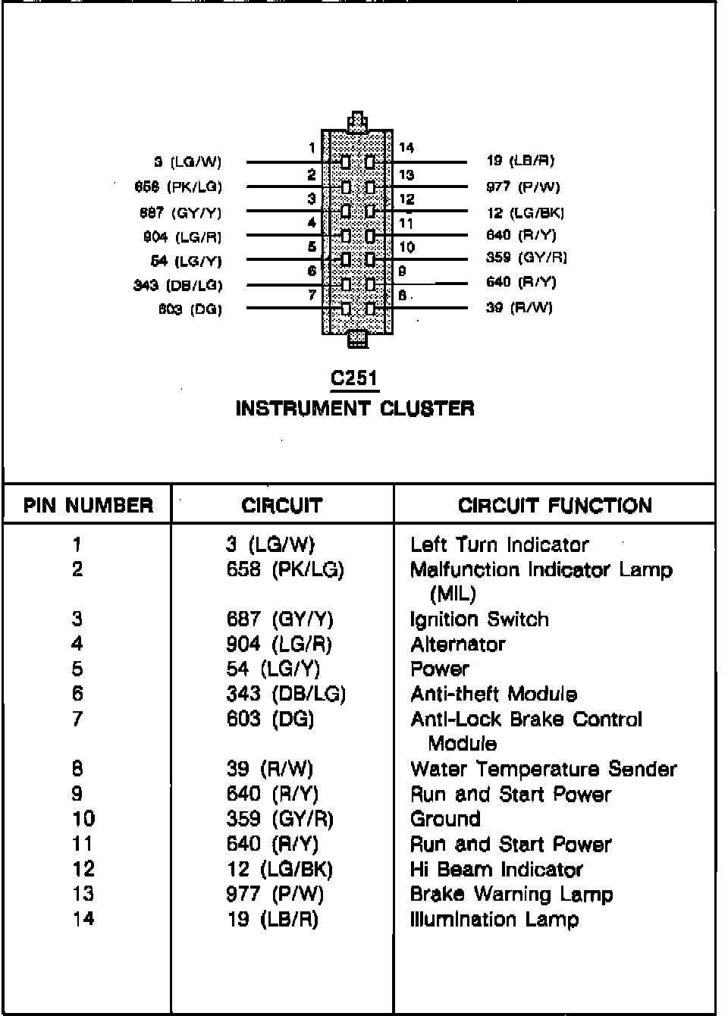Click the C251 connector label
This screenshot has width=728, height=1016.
pos(354,378)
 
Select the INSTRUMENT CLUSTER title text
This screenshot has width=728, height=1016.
pos(355,409)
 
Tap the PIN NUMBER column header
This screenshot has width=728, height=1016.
pos(88,506)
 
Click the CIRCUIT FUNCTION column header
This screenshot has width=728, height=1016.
pos(554,506)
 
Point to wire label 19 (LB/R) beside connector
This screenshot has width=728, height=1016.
pos(520,161)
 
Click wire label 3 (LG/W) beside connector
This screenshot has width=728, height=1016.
pos(187,161)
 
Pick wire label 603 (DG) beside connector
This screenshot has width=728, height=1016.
pos(190,309)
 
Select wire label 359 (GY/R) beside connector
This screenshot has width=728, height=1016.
pos(526,257)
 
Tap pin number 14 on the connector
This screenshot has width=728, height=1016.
pos(406,148)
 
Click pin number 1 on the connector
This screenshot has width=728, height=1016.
pos(312,148)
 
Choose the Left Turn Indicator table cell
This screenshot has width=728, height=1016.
pos(499,544)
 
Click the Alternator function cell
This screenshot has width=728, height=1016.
pos(457,644)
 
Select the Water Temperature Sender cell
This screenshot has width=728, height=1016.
pos(543,769)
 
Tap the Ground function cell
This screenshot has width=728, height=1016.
pos(445,819)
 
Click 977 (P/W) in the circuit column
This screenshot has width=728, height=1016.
pos(275,894)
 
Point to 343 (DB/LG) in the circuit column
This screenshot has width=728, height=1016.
pos(286,694)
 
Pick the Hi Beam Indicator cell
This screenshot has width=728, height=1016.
pos(497,869)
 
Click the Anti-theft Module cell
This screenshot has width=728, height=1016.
pos(494,694)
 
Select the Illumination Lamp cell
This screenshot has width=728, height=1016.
pos(494,919)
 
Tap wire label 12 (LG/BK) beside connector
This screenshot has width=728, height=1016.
pos(526,213)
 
